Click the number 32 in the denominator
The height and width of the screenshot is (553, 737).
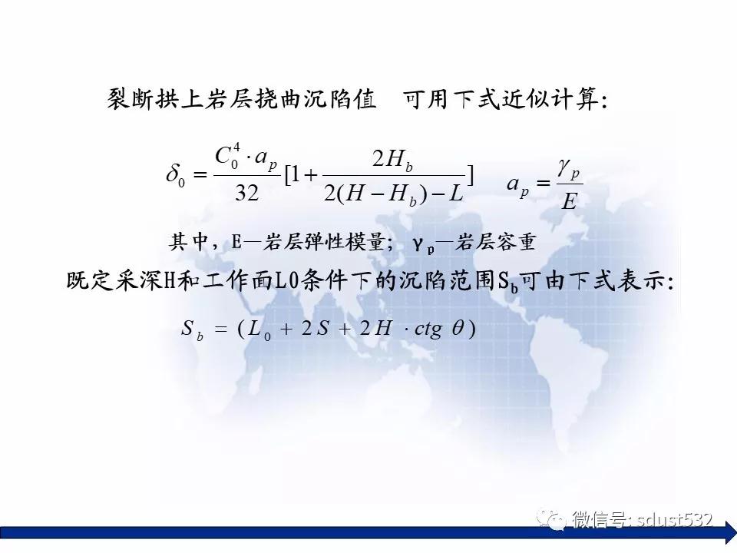point(246,193)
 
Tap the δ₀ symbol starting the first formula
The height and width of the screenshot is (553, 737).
point(176,174)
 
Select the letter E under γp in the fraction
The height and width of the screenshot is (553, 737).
point(569,202)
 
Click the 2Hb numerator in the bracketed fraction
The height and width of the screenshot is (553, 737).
point(393,160)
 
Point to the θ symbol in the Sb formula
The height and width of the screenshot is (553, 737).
point(458,328)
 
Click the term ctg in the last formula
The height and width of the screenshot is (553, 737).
point(428,329)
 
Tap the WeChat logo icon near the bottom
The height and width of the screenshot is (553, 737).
point(551,518)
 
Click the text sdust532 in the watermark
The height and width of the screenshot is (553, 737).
point(674,520)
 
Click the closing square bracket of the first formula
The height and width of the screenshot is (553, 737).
point(470,175)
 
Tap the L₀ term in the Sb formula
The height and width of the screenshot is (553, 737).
point(259,329)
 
